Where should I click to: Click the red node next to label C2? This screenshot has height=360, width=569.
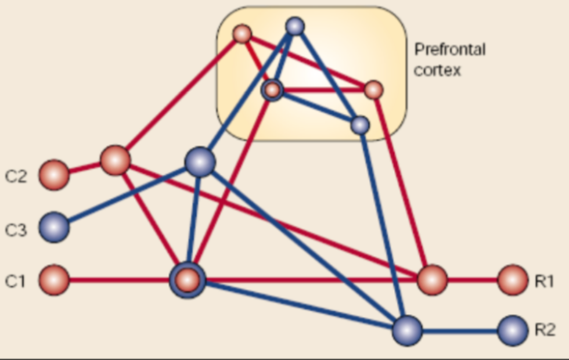pos(54,175)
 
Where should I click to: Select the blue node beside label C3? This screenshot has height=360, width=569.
pos(54,227)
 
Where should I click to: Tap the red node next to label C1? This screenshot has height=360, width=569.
pos(54,280)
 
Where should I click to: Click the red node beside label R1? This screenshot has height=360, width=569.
pos(513,280)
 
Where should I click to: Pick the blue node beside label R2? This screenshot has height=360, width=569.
pos(513,330)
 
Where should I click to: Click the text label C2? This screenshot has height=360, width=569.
pos(16,176)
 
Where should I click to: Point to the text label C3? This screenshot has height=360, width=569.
pos(16,230)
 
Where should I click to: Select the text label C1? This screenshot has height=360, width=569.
pos(16,282)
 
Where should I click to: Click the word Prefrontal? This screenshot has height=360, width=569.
pos(449,49)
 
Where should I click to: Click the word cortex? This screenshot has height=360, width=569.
pos(437,71)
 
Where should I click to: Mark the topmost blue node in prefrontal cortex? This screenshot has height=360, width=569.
pos(295,26)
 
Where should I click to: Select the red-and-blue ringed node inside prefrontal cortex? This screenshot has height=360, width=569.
pos(272,90)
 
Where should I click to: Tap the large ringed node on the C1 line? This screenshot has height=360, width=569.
pos(187,280)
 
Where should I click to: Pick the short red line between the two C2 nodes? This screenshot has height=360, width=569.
pos(84,168)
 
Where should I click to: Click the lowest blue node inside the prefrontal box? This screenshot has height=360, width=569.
pos(360,125)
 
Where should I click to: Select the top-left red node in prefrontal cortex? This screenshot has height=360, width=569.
pos(242,34)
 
